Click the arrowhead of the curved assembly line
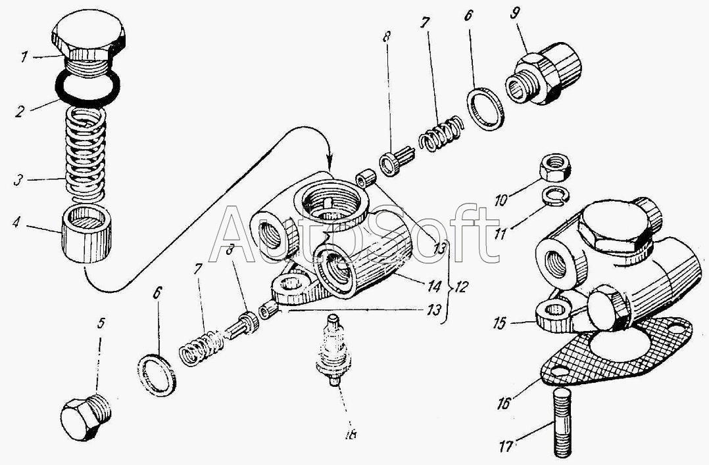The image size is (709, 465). [330, 165]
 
